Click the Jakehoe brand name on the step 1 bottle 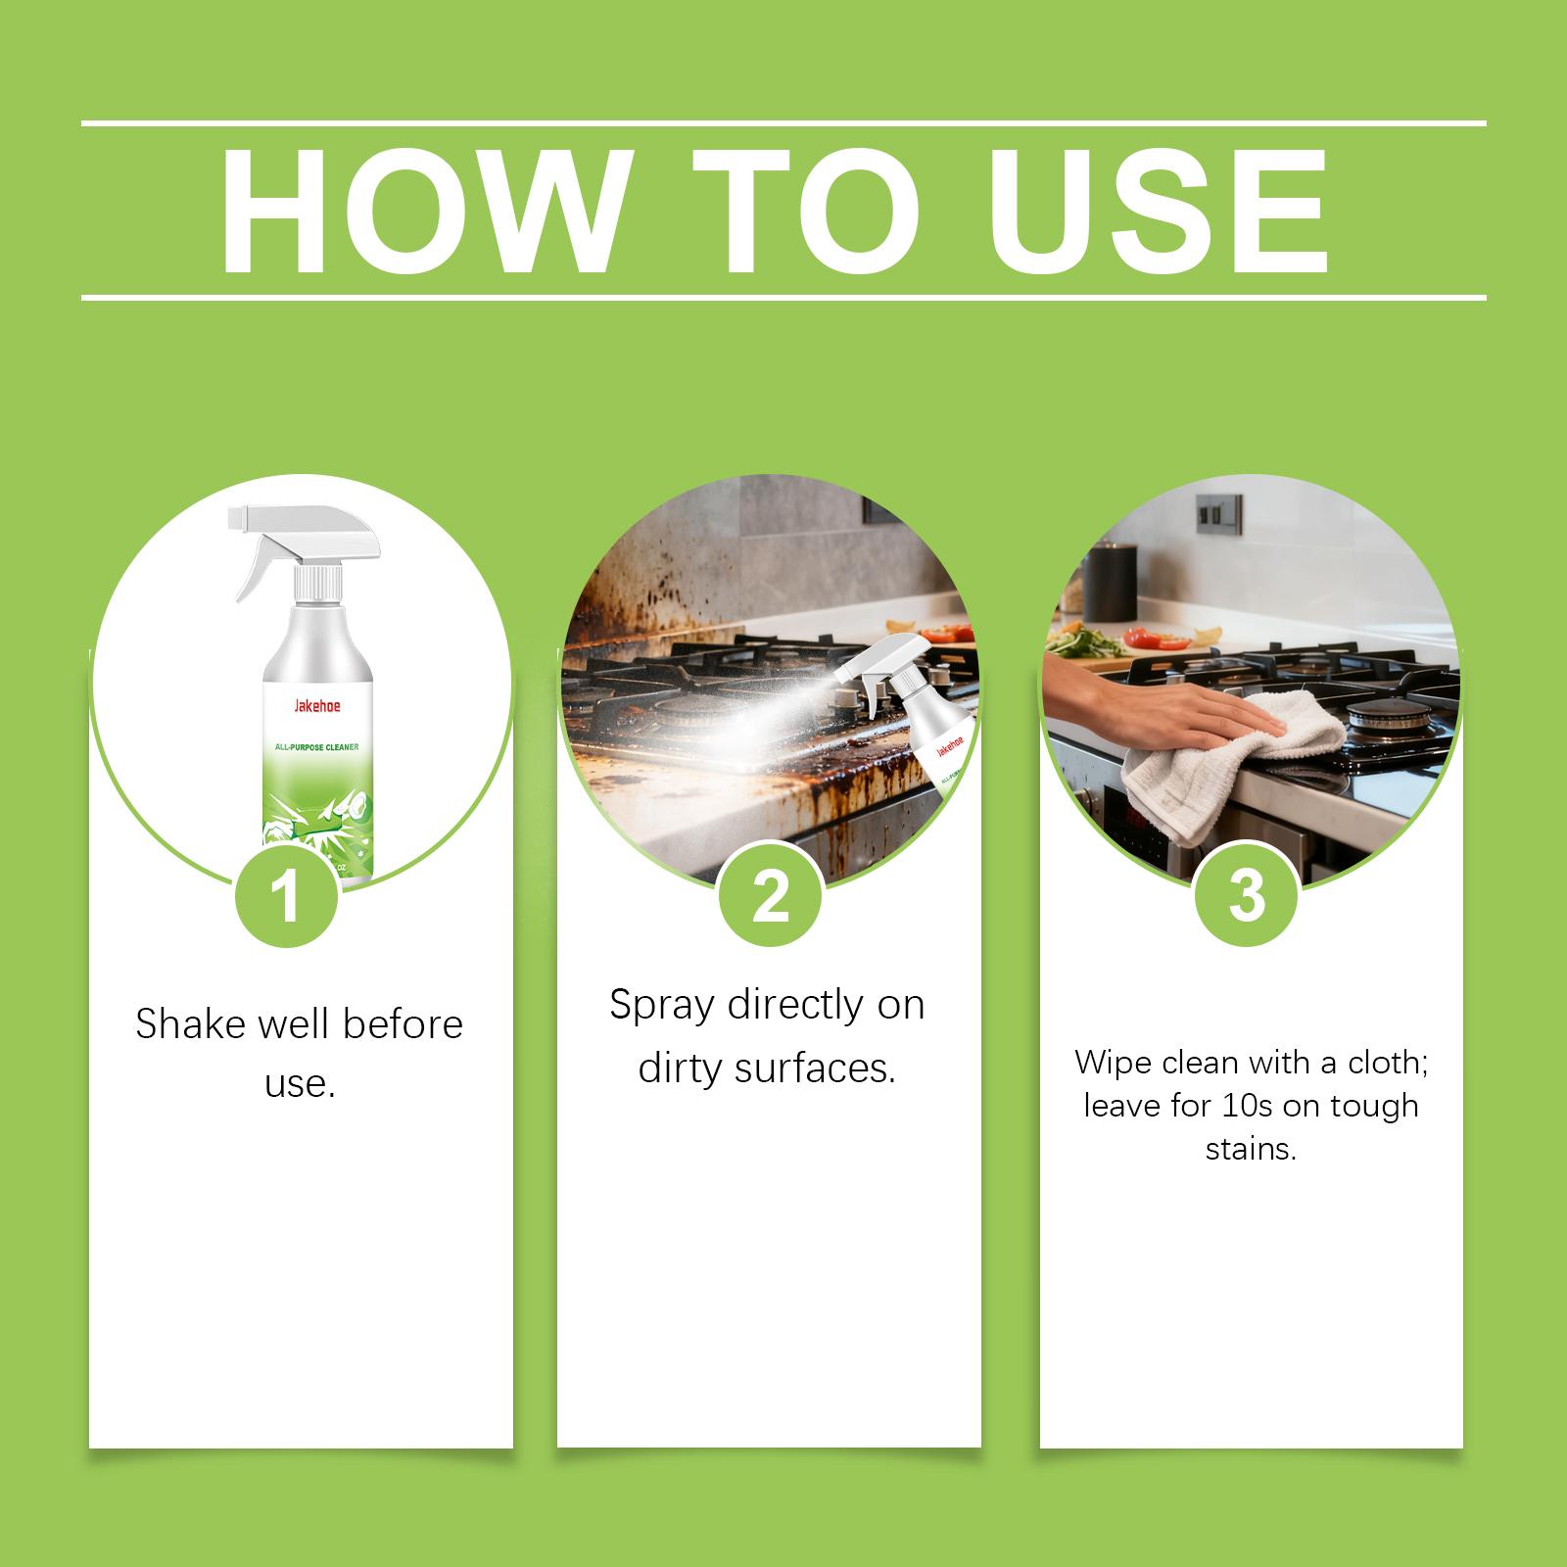click(315, 706)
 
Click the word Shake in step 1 click(190, 1023)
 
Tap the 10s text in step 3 click(1246, 1106)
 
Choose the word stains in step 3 click(1251, 1149)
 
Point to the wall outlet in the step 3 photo click(1219, 512)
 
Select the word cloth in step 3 click(1389, 1062)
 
